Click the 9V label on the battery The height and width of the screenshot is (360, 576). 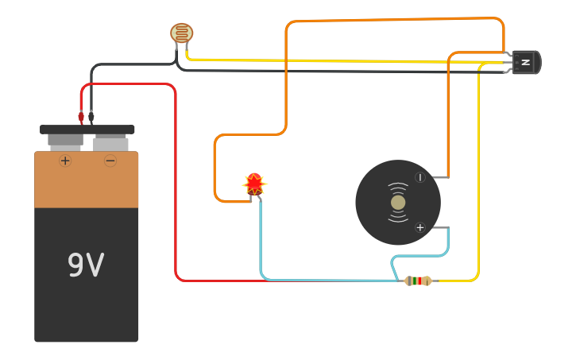(x=86, y=265)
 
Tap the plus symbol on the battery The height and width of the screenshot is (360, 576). (x=65, y=161)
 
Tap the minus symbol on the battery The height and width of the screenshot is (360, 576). (x=110, y=161)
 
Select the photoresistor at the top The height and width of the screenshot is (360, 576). (x=182, y=33)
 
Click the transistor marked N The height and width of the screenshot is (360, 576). (x=525, y=62)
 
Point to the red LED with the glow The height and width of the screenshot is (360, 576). (x=254, y=184)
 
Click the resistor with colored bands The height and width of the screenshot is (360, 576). (x=418, y=281)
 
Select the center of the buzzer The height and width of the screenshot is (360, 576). (x=398, y=203)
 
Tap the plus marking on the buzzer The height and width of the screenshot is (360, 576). (x=420, y=227)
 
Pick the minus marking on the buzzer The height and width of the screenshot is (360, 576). (x=420, y=177)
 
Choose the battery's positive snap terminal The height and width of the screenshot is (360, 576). (x=65, y=142)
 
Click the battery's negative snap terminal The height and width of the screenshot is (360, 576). (x=110, y=143)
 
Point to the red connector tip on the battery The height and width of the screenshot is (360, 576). (x=81, y=117)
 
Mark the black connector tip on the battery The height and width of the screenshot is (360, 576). (x=91, y=117)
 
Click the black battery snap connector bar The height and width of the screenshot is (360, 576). (x=87, y=130)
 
